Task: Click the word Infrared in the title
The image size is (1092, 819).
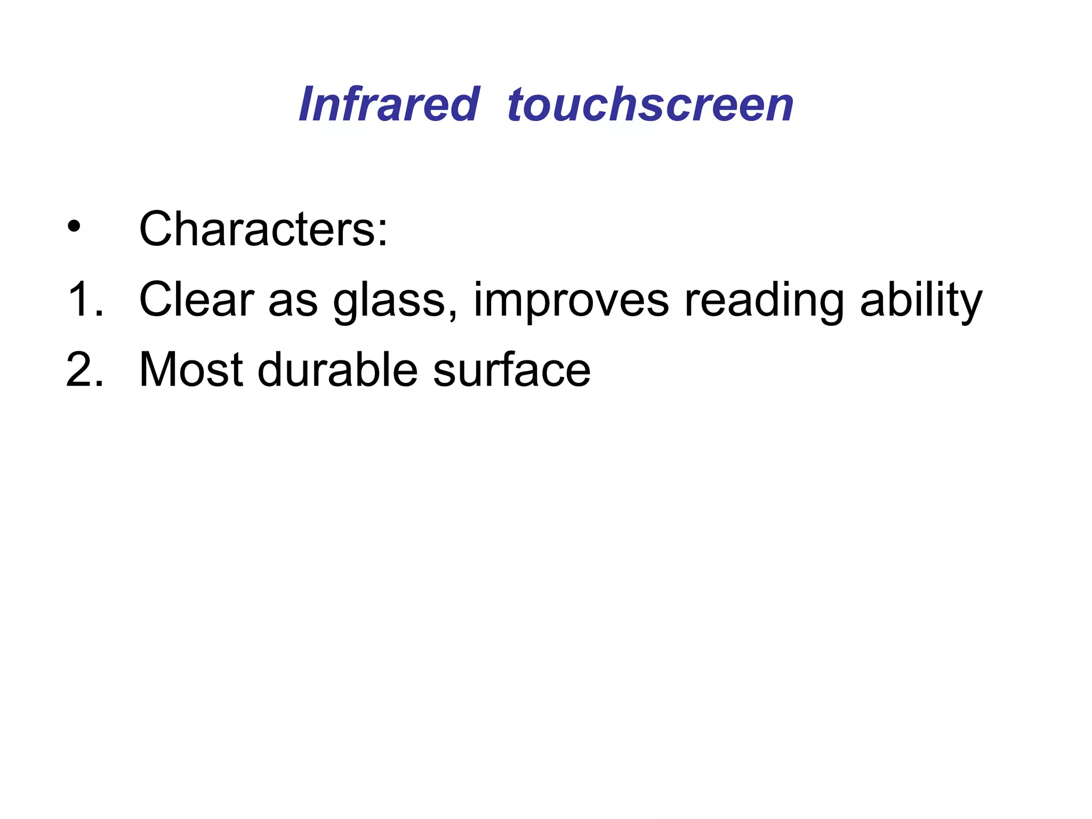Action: [x=389, y=105]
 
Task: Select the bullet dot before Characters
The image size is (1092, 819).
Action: [x=74, y=228]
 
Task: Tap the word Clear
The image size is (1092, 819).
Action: [x=196, y=300]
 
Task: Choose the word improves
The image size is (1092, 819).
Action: [x=571, y=302]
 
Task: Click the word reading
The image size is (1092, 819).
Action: [x=764, y=302]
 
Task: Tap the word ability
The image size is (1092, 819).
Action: [x=921, y=302]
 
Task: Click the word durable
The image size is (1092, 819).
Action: [x=338, y=370]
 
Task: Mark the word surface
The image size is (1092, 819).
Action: [x=511, y=370]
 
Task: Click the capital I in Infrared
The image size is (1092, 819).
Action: [x=308, y=105]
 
